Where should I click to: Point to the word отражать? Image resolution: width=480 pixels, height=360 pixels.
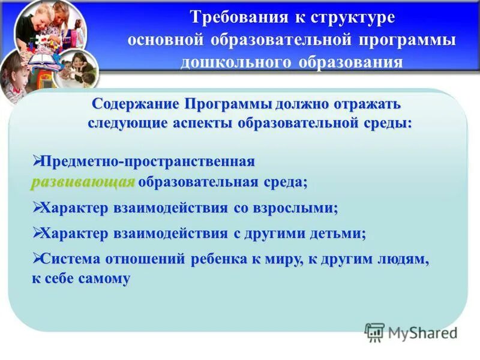pyautogui.click(x=365, y=103)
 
